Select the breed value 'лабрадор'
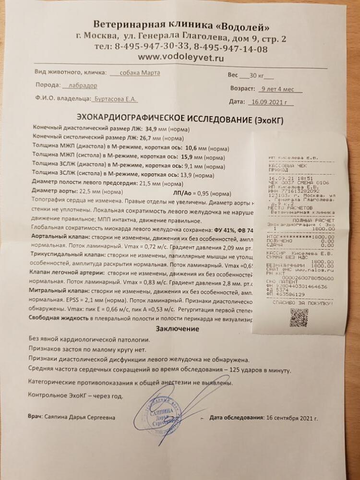[x=80, y=85]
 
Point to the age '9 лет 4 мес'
[x=278, y=89]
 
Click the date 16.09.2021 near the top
[x=272, y=102]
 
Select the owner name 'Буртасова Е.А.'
[x=116, y=98]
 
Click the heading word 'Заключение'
[x=178, y=329]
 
